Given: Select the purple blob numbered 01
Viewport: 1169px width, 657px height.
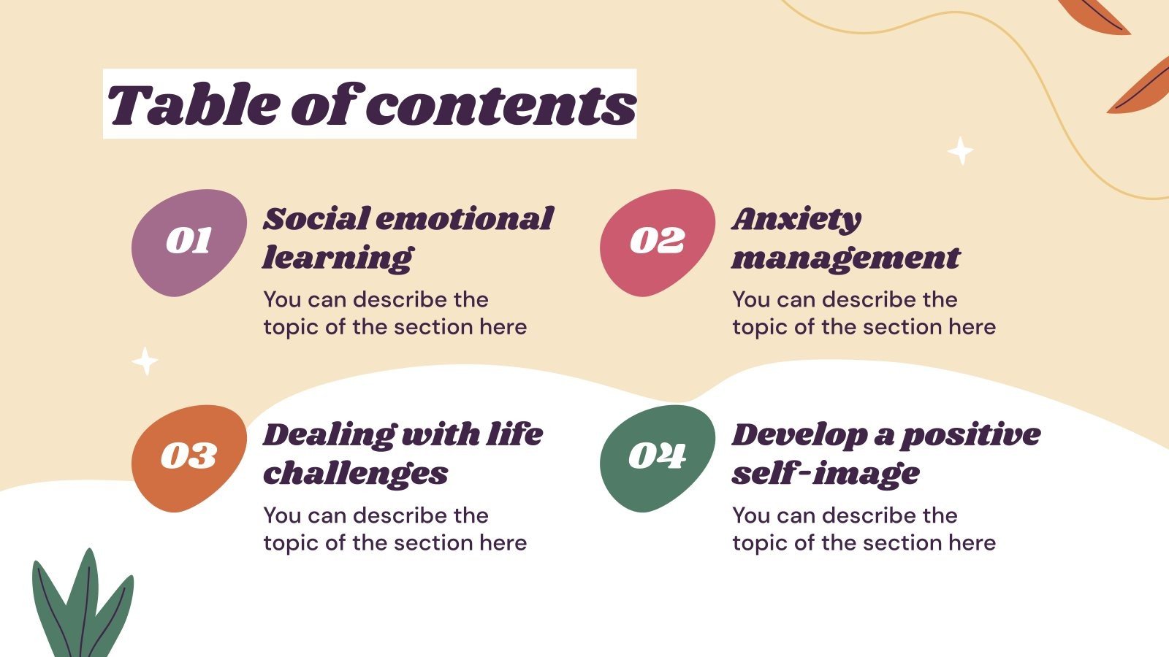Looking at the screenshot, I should click(189, 242).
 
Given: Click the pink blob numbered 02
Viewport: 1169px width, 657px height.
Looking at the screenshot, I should click(657, 242).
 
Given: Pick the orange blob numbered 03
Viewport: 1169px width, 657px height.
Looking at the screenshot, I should click(189, 458).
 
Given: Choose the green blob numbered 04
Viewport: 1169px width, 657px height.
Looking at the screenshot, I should click(657, 458).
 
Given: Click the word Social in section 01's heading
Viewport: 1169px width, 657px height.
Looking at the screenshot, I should click(316, 219).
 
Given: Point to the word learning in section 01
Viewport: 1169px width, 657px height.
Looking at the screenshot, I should click(338, 258).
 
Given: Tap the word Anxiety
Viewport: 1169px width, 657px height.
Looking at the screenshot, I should click(796, 220).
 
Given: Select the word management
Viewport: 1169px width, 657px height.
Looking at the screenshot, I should click(845, 258).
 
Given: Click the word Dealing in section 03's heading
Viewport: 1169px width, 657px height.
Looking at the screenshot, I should click(327, 435).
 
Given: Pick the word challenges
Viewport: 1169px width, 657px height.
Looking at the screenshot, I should click(355, 474).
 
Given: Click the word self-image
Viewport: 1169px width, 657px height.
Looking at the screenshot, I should click(826, 474).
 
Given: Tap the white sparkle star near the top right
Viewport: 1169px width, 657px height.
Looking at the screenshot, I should click(960, 151).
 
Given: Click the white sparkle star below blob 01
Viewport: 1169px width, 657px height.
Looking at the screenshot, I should click(145, 361).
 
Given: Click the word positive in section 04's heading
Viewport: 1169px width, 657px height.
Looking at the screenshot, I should click(970, 436).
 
